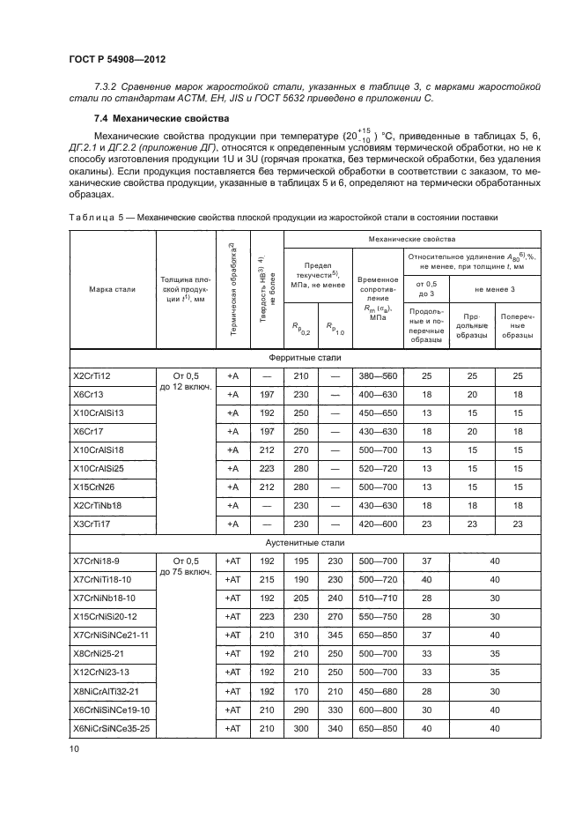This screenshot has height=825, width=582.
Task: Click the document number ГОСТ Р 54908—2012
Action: [x=117, y=59]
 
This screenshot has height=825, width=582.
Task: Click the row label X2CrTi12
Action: [x=92, y=375]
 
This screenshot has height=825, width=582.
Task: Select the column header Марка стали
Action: [x=112, y=288]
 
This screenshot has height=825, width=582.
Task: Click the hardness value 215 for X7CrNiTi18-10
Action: [x=268, y=579]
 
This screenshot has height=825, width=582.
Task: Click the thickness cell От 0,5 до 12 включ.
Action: [x=187, y=384]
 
